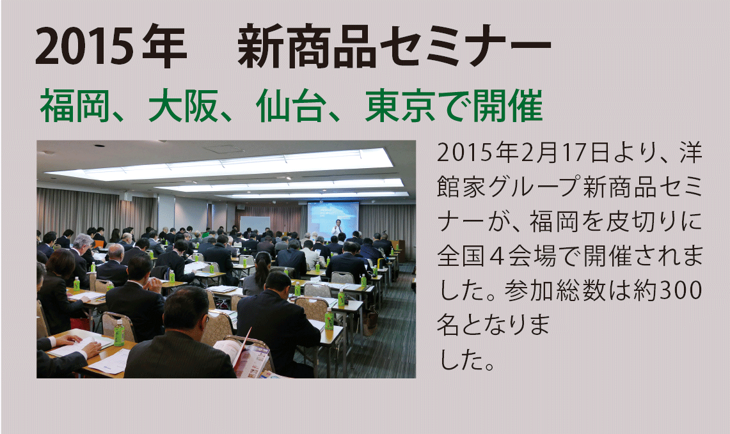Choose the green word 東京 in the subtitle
pyautogui.click(x=401, y=105)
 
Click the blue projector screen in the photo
pyautogui.click(x=333, y=219)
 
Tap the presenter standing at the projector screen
pyautogui.click(x=337, y=228)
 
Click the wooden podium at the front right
pyautogui.click(x=399, y=251)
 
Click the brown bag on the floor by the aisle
pyautogui.click(x=370, y=320)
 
